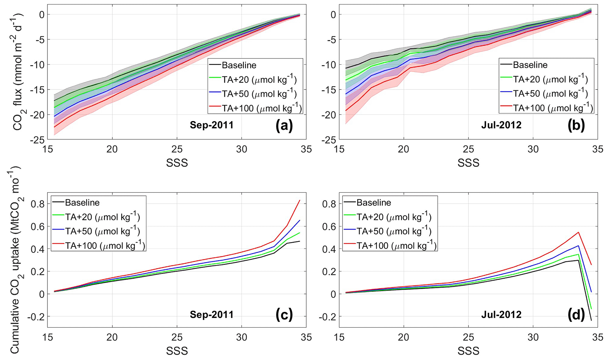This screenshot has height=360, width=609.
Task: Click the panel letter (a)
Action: [284, 125]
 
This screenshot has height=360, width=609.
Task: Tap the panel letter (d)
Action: [576, 315]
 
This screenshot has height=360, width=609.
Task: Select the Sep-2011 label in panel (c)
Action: [212, 315]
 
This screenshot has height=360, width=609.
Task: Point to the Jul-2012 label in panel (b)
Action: [501, 125]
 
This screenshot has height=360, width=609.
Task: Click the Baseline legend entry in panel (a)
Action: [239, 65]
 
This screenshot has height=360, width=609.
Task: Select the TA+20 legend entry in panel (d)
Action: [394, 217]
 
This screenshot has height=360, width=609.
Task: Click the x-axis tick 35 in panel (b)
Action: [598, 149]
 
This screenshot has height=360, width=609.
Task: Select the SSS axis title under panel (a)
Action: [177, 163]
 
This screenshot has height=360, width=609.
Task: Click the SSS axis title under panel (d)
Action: [468, 351]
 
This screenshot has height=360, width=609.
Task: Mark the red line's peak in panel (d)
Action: [578, 232]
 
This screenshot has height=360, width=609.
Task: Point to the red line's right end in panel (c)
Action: [300, 200]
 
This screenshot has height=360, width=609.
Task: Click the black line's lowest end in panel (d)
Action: [591, 320]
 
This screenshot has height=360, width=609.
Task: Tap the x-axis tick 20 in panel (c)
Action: [112, 337]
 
